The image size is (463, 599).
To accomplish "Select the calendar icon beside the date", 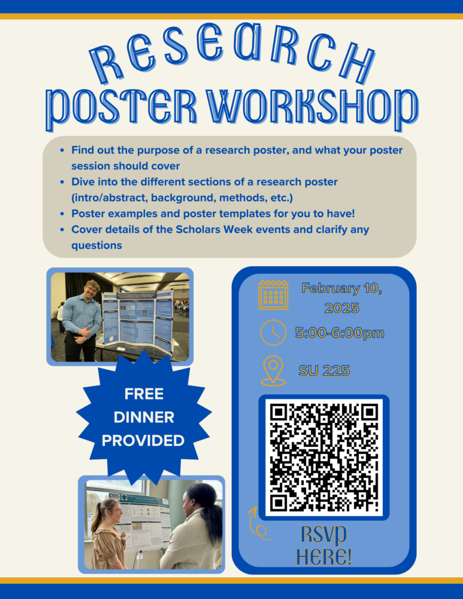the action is click(273, 295).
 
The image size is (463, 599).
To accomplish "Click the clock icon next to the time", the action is click(273, 332).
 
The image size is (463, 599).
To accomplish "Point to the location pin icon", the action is click(273, 370).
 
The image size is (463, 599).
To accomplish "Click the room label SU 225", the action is click(324, 371).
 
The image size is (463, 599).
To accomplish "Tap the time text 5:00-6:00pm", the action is click(339, 333).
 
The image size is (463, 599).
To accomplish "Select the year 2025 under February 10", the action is click(342, 308).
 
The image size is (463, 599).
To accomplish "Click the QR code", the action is click(324, 457).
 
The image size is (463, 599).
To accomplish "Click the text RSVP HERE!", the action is click(324, 546).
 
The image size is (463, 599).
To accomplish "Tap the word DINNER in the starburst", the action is click(144, 417).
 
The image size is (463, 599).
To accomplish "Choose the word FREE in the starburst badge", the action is click(144, 394).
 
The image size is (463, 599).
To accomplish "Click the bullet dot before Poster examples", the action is click(62, 214).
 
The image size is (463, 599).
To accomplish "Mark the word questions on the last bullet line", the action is click(97, 246).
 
